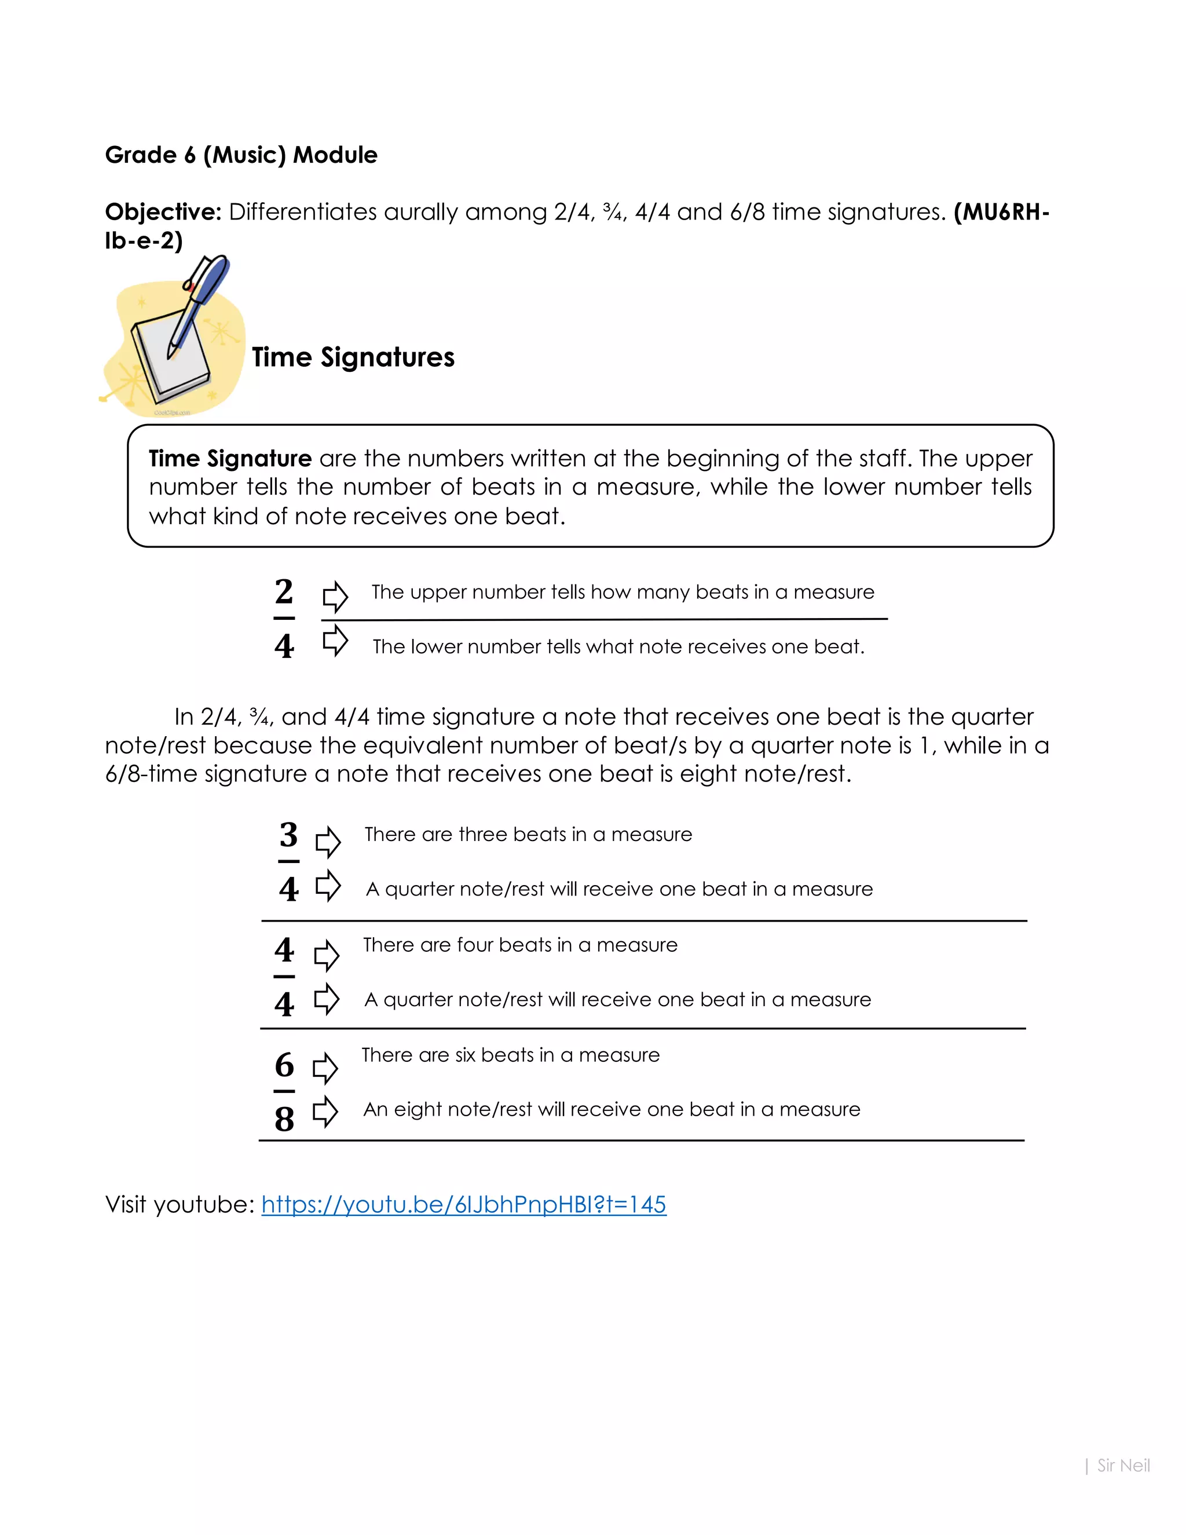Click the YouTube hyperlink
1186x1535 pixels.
(x=464, y=1205)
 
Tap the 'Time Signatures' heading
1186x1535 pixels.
(x=353, y=357)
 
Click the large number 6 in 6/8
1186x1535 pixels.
(x=284, y=1065)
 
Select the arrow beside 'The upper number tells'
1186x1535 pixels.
(x=335, y=597)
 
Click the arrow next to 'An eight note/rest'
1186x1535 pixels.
(x=325, y=1112)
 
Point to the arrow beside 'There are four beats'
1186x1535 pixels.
(x=326, y=956)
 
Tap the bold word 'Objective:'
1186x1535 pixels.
(x=163, y=211)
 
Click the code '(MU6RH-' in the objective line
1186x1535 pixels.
(x=1001, y=211)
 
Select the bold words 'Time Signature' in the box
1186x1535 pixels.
(x=230, y=458)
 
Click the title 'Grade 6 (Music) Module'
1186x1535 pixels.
(x=241, y=155)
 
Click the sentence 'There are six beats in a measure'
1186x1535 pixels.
(x=511, y=1055)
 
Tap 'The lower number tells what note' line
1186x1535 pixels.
(x=618, y=646)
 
